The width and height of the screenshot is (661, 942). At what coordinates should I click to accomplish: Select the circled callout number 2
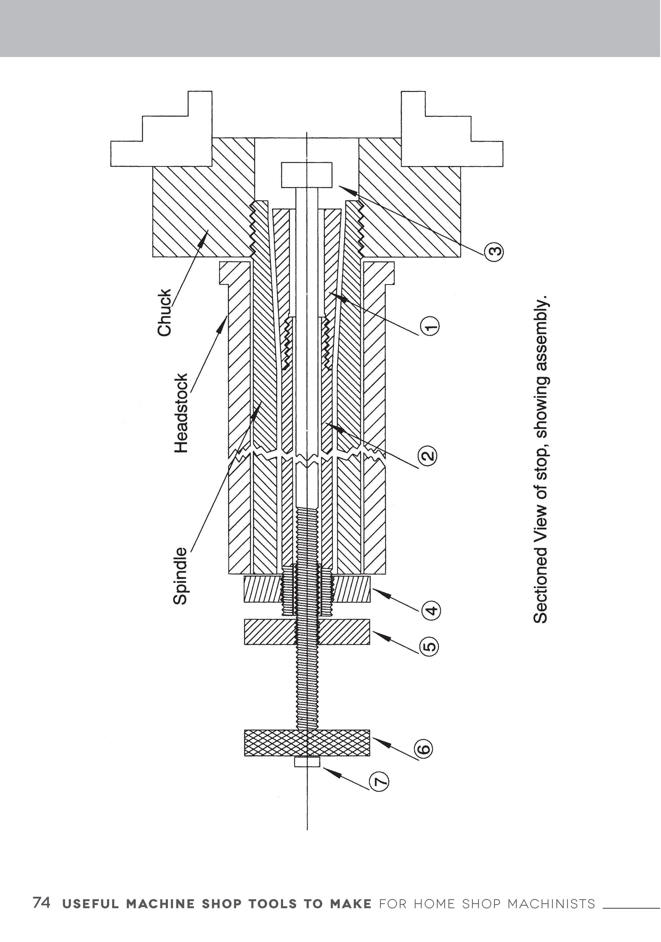click(428, 455)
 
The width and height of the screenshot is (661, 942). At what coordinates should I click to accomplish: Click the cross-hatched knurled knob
click(307, 743)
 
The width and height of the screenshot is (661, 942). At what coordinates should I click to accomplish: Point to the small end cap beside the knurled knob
click(307, 762)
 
